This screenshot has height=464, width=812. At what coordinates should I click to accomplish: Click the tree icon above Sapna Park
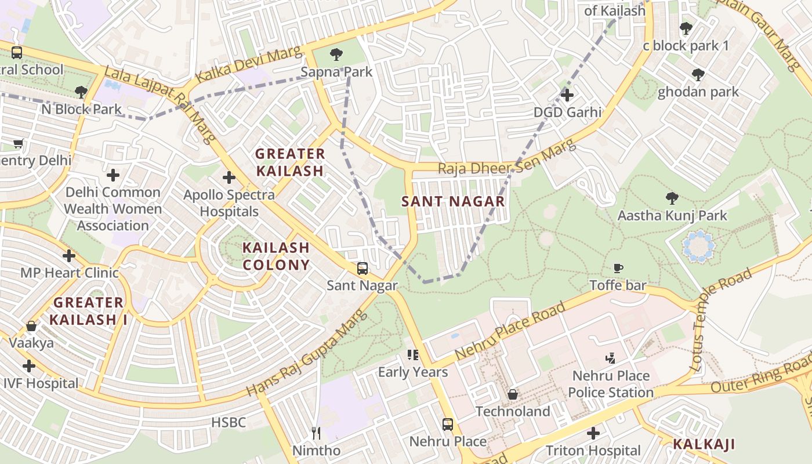point(336,55)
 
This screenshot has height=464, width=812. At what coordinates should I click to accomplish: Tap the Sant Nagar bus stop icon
point(362,269)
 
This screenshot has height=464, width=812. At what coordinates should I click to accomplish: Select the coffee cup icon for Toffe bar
point(618,268)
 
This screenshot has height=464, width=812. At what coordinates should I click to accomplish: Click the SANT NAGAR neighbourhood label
point(454,202)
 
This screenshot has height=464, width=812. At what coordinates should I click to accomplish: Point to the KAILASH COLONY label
point(275,256)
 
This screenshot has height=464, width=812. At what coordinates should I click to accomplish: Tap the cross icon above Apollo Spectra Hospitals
point(229,177)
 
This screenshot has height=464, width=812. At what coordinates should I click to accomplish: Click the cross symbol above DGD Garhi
point(567,95)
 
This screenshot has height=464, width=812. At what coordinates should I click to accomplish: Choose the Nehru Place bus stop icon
point(448,424)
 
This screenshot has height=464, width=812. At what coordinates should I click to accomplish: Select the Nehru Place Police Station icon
point(610,358)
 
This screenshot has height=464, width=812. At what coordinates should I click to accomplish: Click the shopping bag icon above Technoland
point(513,394)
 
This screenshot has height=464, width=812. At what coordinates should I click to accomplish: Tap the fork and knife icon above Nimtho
point(316,433)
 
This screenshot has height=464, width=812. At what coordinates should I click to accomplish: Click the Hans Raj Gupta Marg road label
point(307,353)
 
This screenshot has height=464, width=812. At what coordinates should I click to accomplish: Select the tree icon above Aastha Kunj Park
point(672,198)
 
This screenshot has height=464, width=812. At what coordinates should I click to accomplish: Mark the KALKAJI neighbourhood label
point(704,445)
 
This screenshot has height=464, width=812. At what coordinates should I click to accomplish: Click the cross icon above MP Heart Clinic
point(69,256)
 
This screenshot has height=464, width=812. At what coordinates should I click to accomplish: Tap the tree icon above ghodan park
point(698,75)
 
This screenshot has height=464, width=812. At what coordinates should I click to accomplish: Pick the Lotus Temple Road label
point(722,320)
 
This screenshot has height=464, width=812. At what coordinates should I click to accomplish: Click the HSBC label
point(229,423)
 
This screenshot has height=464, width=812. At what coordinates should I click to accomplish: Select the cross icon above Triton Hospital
point(593,433)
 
